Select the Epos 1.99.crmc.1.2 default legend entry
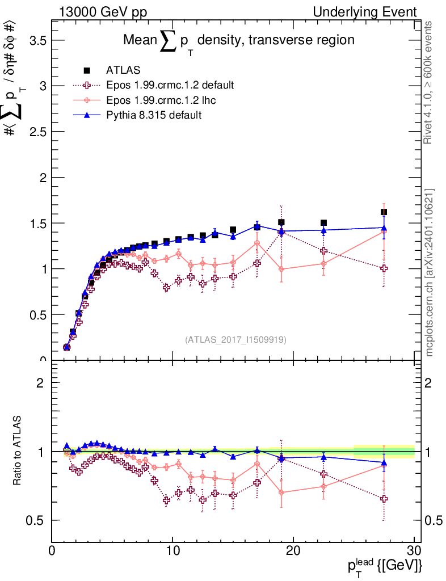[170, 85]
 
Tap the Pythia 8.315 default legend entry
[153, 115]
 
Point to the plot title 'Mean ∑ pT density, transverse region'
[239, 41]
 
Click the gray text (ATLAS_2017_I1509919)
[235, 340]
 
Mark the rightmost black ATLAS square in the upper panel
[384, 212]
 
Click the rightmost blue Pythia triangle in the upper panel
[384, 228]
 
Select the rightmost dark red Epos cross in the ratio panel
[384, 499]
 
